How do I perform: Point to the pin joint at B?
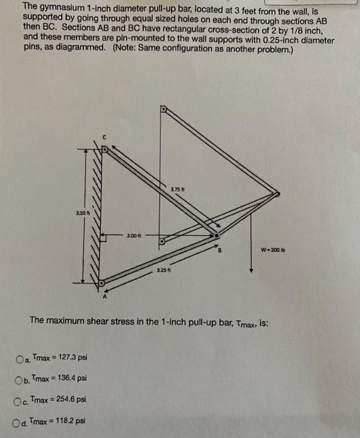215,236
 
